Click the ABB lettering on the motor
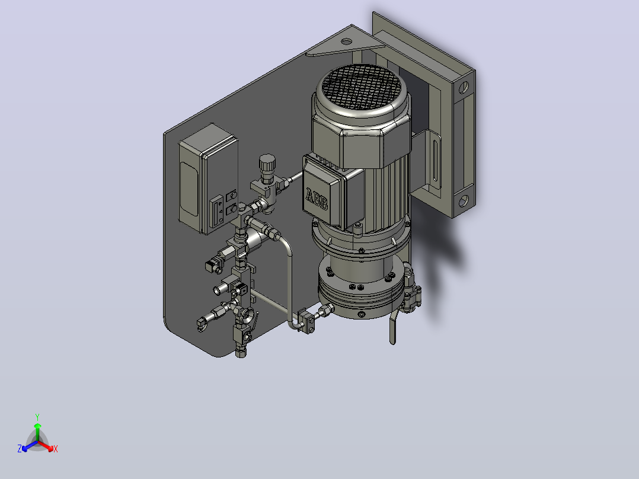pyautogui.click(x=317, y=199)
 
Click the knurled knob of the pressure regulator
pyautogui.click(x=267, y=163)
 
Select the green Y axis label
pyautogui.click(x=37, y=417)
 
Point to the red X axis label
pyautogui.click(x=56, y=449)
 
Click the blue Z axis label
pyautogui.click(x=20, y=449)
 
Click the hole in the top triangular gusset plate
pyautogui.click(x=346, y=41)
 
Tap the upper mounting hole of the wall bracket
pyautogui.click(x=464, y=87)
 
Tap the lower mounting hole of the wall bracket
pyautogui.click(x=464, y=200)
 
